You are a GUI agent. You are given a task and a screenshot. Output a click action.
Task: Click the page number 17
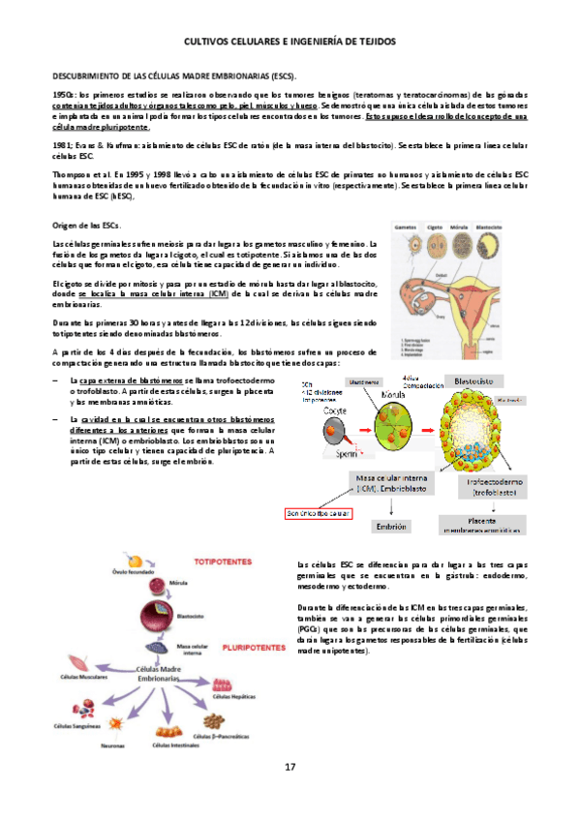click(290, 767)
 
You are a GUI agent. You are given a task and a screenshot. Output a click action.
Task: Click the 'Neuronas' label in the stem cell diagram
click(113, 745)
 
